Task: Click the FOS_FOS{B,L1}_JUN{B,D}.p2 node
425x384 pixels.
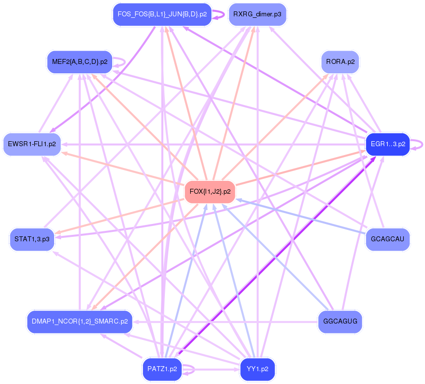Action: [x=162, y=14]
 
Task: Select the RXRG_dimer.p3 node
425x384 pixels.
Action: [x=257, y=14]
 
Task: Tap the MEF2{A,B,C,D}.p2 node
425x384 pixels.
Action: [x=79, y=61]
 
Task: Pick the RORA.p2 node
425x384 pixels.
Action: [x=340, y=62]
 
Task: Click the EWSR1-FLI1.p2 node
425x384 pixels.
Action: [x=32, y=144]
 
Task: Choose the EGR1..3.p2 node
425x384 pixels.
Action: [x=388, y=144]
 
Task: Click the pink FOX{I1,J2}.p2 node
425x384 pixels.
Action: [x=210, y=191]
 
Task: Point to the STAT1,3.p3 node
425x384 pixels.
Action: [x=32, y=239]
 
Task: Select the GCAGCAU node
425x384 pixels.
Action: [x=388, y=239]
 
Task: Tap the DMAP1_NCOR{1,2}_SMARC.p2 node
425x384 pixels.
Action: [x=79, y=321]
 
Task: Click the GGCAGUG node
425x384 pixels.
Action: [x=340, y=321]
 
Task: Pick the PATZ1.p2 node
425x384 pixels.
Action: [x=162, y=369]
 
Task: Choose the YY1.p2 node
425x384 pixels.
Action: [x=257, y=369]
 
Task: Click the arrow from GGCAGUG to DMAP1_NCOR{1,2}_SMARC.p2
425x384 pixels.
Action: [x=223, y=321]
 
